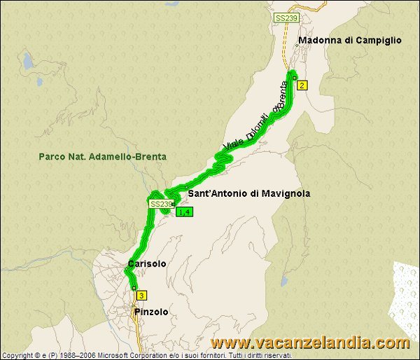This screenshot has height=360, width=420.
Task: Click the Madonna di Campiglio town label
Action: click(x=350, y=41)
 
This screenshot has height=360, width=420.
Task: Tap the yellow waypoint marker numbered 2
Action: click(x=302, y=85)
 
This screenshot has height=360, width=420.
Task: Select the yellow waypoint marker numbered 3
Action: click(x=142, y=295)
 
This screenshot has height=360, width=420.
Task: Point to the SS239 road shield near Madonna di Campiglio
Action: click(x=283, y=17)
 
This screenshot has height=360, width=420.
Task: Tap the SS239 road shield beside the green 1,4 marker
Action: click(x=160, y=204)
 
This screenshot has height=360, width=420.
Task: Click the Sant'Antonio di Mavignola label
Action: click(x=248, y=193)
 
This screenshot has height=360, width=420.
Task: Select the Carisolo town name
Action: click(x=147, y=264)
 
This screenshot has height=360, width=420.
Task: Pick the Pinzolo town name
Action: click(x=151, y=312)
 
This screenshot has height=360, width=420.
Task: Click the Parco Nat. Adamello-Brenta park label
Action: click(x=103, y=157)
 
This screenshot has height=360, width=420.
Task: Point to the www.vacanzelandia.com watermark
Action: click(x=310, y=343)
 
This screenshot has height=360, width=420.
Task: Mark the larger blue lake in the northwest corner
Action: click(x=28, y=62)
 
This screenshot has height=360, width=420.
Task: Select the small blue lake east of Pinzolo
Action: click(x=284, y=281)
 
